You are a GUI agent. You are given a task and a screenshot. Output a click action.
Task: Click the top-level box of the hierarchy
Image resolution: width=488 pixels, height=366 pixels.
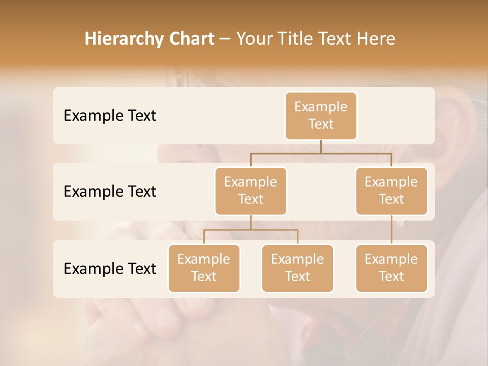(321, 115)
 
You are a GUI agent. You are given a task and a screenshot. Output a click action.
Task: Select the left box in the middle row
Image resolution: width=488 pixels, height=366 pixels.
(251, 191)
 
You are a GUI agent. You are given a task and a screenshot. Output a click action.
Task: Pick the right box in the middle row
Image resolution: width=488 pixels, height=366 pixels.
(391, 191)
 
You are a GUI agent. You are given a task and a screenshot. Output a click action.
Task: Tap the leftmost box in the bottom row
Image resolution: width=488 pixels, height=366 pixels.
(204, 268)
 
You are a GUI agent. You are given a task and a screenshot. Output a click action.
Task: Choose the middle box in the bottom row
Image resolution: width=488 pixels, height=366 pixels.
(297, 268)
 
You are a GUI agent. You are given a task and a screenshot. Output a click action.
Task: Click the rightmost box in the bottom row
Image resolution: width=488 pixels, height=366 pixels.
(391, 268)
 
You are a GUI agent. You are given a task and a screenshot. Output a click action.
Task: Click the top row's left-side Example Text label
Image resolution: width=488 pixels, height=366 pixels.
(110, 116)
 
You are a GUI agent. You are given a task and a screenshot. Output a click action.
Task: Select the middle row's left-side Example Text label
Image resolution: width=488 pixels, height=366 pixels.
(110, 192)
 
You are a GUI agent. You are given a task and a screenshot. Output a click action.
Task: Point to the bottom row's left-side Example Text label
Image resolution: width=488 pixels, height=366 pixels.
(110, 268)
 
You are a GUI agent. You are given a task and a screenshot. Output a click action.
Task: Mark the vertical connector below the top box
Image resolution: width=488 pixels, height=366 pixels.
(321, 146)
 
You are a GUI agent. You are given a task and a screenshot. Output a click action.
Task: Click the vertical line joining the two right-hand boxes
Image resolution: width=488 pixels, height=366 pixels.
(391, 230)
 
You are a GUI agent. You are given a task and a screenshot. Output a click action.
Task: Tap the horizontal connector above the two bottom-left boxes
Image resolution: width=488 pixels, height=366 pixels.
(251, 230)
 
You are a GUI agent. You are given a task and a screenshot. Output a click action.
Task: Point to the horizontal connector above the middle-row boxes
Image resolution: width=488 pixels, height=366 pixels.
(321, 153)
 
